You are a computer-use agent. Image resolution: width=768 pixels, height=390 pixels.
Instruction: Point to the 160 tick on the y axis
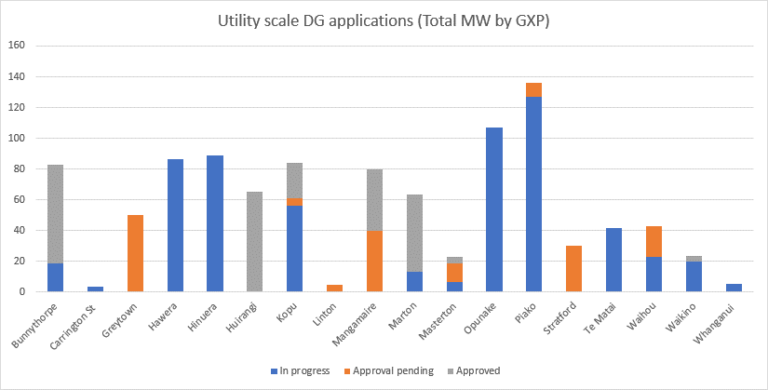16,46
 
